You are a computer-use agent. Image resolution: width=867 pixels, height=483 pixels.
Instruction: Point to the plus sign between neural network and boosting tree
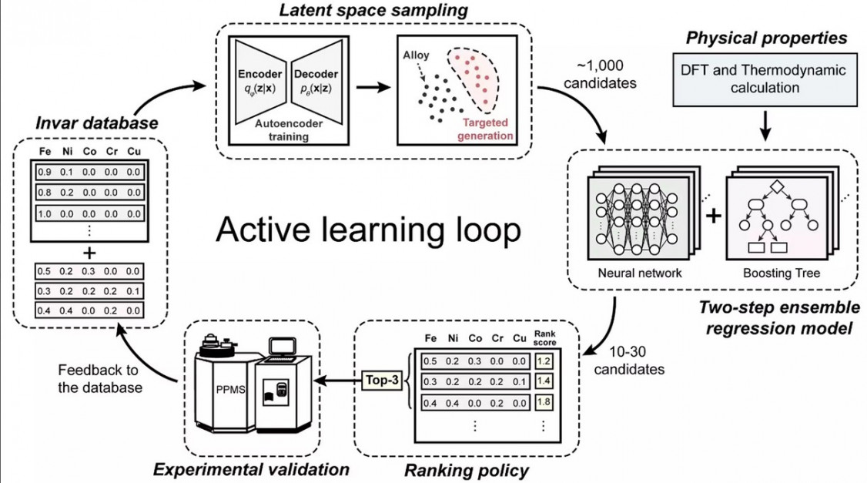coord(714,216)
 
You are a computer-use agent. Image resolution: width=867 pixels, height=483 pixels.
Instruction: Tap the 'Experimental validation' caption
coord(252,468)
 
